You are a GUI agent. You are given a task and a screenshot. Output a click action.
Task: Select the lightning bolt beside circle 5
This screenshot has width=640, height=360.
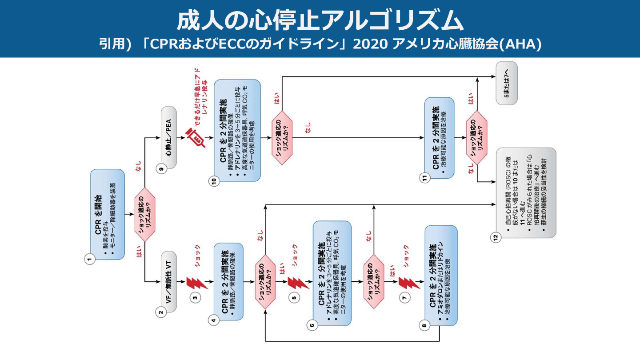pos(295,282)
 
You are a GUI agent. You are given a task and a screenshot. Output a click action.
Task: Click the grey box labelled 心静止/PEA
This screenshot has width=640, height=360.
pos(169,138)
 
